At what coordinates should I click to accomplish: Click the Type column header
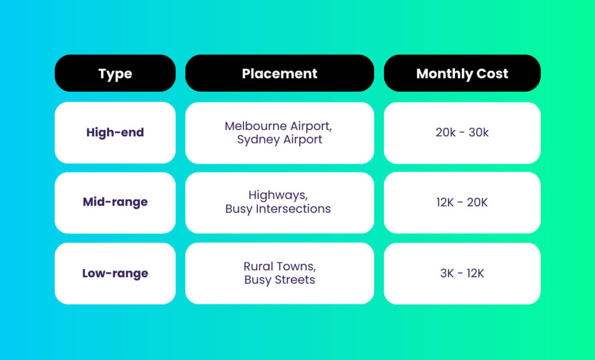[x=115, y=74]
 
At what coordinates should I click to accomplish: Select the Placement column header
[x=279, y=74]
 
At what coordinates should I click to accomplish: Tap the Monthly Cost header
[x=462, y=74]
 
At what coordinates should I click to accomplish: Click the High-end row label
[x=115, y=132]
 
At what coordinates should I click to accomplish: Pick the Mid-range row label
[x=115, y=202]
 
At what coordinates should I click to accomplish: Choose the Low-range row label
[x=115, y=273]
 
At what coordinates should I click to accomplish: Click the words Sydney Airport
[x=279, y=139]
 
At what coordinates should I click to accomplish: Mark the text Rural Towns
[x=279, y=267]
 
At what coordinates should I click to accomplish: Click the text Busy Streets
[x=279, y=280]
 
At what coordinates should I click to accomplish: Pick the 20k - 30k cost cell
[x=462, y=132]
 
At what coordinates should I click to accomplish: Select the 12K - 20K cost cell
[x=462, y=203]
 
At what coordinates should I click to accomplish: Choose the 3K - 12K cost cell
[x=462, y=273]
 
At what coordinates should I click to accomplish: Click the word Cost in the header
[x=493, y=74]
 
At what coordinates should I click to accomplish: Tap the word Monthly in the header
[x=444, y=74]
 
